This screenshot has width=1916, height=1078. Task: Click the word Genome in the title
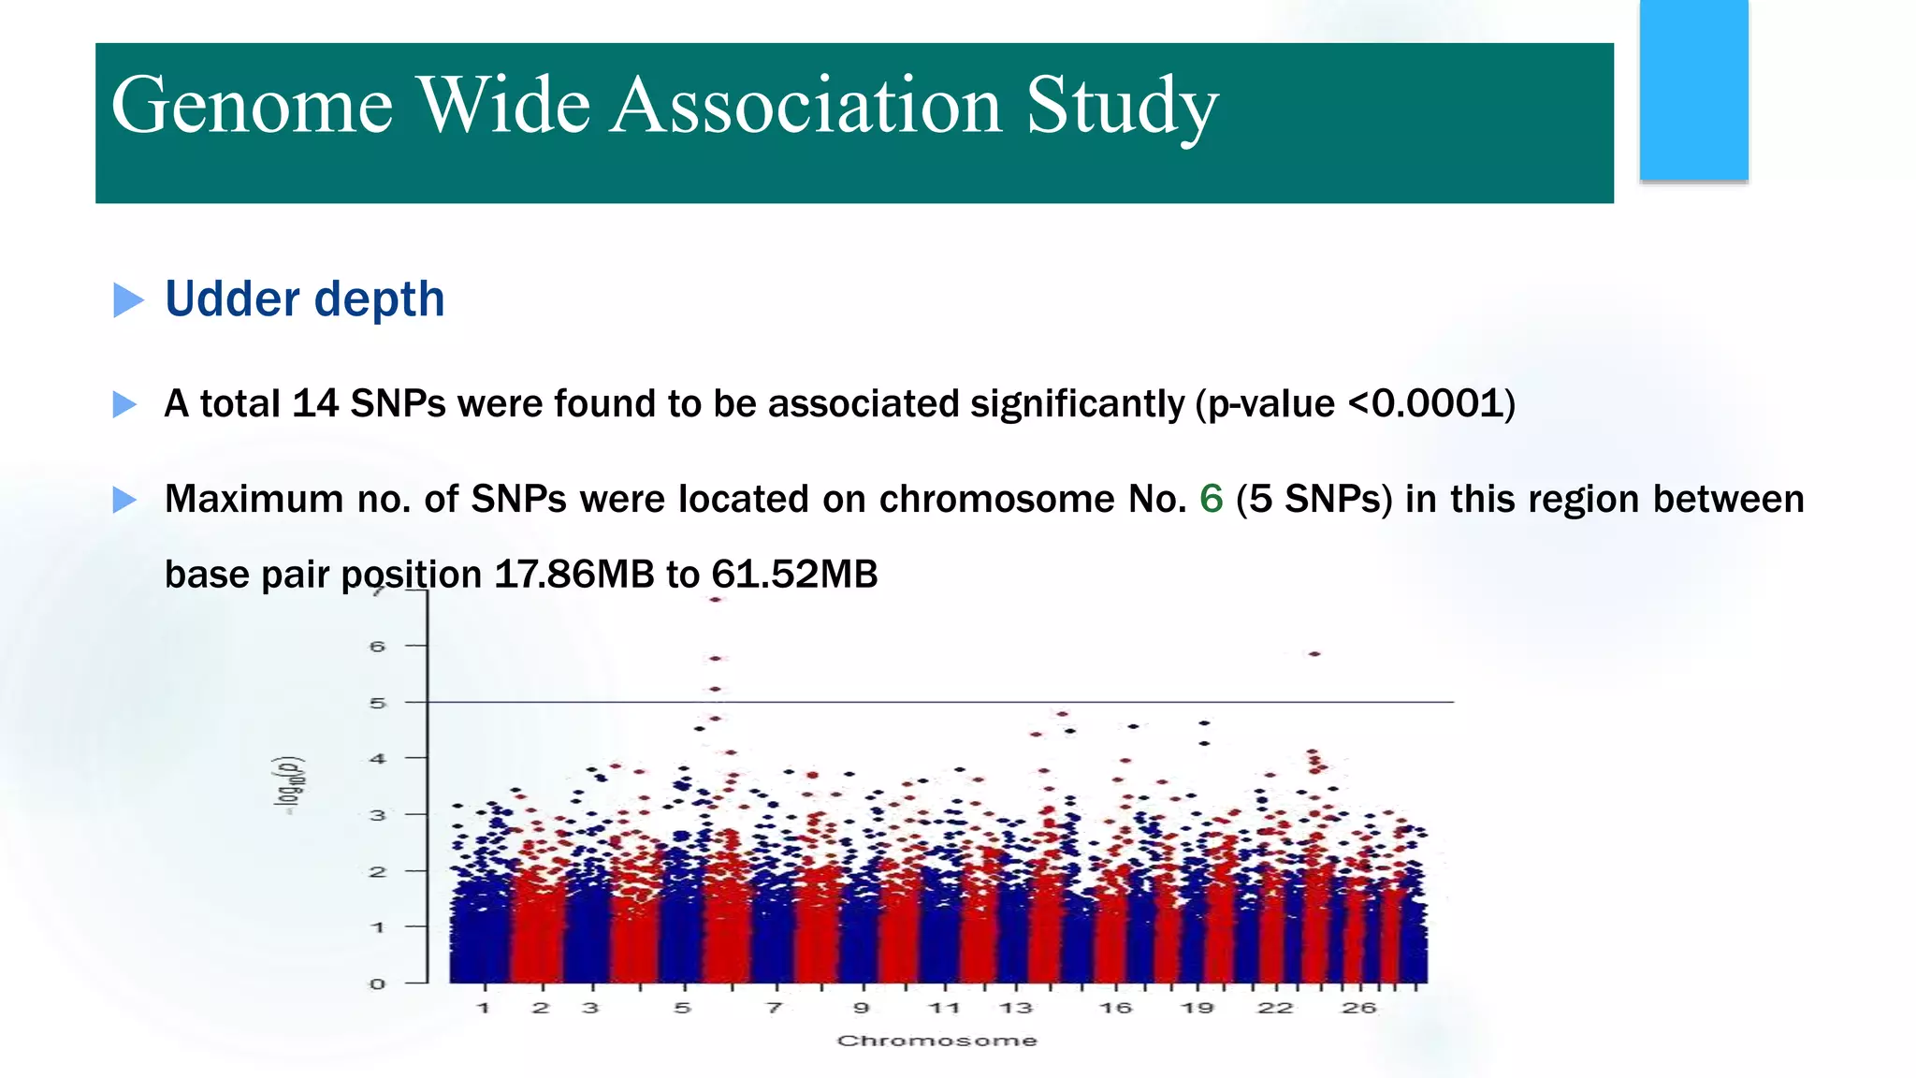252,106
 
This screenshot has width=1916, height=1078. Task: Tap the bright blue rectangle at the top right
1693,90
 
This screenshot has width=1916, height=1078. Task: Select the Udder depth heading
304,299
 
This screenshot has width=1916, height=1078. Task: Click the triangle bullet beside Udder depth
128,300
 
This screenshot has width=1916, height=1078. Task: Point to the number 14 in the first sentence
315,404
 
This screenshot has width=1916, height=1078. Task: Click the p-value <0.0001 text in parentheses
1355,404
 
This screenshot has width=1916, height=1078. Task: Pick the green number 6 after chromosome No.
1211,499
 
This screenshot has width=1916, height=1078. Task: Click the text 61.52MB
794,574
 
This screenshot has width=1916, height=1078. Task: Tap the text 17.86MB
573,574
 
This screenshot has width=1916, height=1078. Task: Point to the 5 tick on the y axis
377,703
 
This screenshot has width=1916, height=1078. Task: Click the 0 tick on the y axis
377,983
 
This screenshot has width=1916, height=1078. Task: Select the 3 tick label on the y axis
377,815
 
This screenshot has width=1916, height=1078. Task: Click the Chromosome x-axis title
936,1041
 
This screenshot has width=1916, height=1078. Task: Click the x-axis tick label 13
1015,1008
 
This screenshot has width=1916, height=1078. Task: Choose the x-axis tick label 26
1358,1008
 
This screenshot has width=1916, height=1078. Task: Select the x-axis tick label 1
484,1008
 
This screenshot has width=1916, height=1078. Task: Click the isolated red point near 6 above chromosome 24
1314,654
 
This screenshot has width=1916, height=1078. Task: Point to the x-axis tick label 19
1197,1008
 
